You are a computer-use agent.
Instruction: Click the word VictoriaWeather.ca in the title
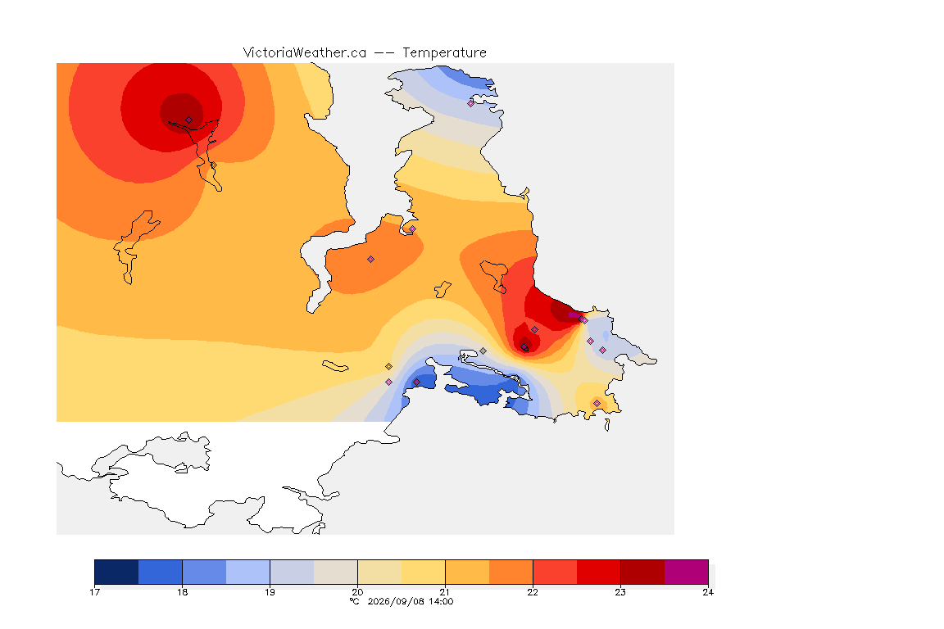[305, 53]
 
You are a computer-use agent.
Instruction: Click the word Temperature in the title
[444, 53]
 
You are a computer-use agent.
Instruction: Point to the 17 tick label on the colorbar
[94, 592]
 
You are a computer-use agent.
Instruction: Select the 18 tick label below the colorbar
[183, 592]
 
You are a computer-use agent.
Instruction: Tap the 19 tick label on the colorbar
[270, 592]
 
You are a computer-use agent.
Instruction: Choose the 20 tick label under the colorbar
[357, 592]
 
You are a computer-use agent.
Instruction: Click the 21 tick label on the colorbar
[445, 592]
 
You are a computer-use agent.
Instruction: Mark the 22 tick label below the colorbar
[533, 592]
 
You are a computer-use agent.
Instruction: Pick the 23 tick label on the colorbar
[620, 592]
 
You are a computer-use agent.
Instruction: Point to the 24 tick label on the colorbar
[708, 592]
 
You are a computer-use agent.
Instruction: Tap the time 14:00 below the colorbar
[441, 601]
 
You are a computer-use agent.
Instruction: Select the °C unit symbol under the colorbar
[355, 601]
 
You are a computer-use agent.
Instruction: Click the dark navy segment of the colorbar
[117, 572]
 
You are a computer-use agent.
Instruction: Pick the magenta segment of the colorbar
[687, 572]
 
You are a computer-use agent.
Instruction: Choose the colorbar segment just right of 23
[642, 572]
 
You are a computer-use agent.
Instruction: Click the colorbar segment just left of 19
[248, 572]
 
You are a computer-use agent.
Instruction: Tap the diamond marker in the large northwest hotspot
[189, 120]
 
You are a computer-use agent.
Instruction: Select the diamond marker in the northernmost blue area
[471, 103]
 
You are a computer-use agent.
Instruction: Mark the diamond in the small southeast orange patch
[597, 403]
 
